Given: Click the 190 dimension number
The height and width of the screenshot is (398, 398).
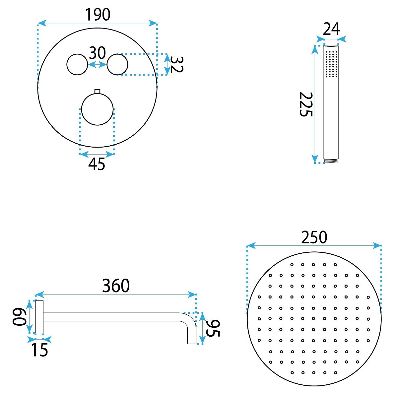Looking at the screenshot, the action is click(98, 15).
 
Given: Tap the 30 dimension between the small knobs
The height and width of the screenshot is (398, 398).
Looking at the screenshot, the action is click(97, 53).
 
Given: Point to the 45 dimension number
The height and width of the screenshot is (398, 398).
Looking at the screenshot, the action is click(97, 165).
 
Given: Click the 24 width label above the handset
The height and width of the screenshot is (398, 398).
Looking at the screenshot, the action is click(331, 29).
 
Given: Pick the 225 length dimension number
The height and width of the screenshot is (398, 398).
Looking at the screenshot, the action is click(306, 104).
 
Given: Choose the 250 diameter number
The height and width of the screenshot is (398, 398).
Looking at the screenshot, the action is click(314, 237).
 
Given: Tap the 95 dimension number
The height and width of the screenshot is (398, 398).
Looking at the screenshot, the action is click(213, 328).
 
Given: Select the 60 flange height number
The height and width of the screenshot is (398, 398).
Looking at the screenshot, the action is click(19, 317).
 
